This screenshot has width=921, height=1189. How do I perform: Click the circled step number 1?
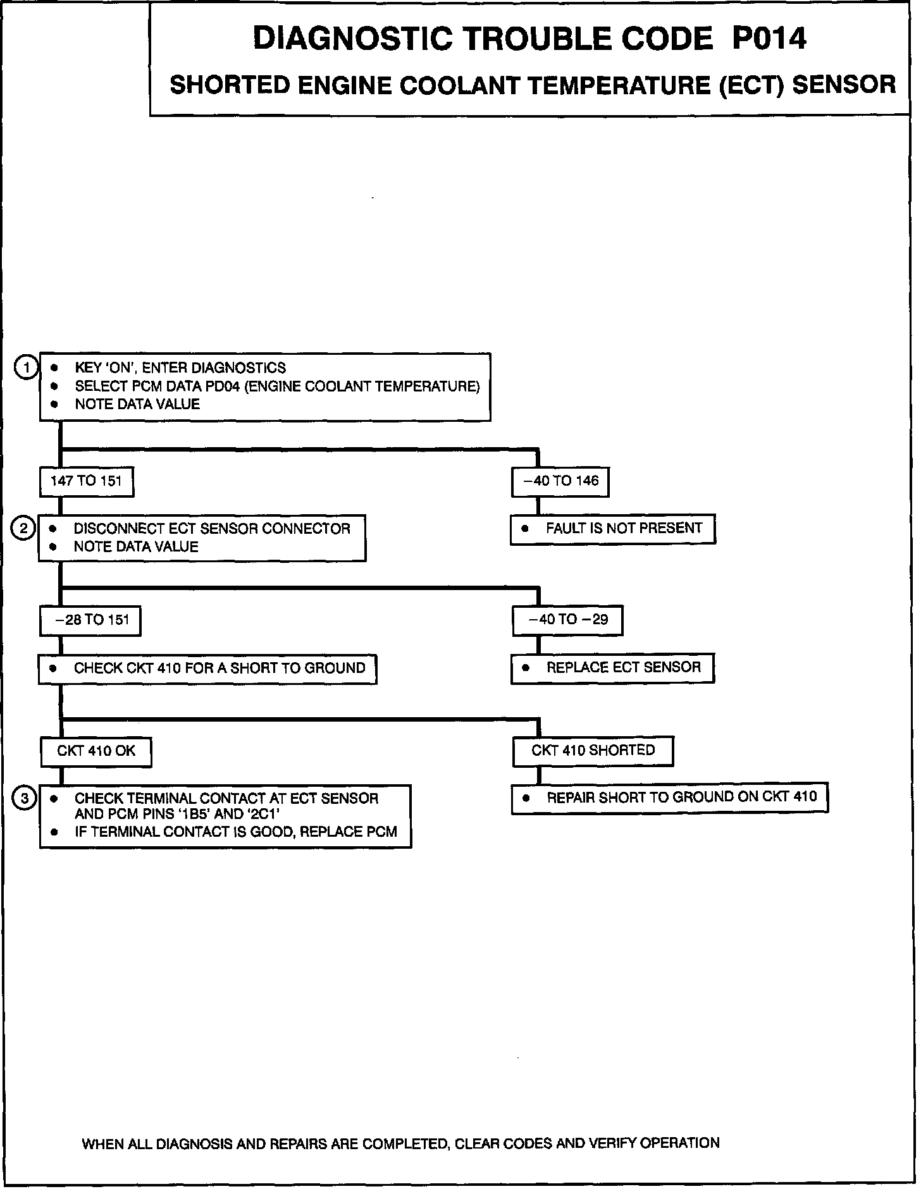[x=26, y=367]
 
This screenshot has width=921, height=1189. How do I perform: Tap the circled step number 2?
[x=23, y=528]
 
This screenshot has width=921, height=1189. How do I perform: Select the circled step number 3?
[x=25, y=799]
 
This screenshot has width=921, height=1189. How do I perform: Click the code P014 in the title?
[x=769, y=39]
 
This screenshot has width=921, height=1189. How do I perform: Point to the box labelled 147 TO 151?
[x=86, y=481]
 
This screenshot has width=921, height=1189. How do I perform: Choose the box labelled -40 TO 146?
[x=560, y=481]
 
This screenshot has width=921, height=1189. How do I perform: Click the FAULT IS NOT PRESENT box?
[x=612, y=529]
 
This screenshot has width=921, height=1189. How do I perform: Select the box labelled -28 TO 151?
[x=90, y=620]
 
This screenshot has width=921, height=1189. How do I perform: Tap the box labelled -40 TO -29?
[x=567, y=620]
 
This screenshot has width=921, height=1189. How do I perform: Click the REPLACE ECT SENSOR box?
[x=612, y=668]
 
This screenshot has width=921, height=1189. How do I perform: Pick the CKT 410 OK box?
[x=96, y=751]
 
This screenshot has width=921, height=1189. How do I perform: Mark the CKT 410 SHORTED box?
[x=593, y=751]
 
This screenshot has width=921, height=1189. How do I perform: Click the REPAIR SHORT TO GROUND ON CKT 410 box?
[x=669, y=798]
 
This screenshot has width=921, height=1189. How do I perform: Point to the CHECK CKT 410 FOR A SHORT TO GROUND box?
[x=207, y=668]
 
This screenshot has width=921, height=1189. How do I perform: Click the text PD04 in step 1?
[x=223, y=386]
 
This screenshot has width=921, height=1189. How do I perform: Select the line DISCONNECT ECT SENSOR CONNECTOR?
[x=212, y=529]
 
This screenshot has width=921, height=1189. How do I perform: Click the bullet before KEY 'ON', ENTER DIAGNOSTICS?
[x=55, y=368]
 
